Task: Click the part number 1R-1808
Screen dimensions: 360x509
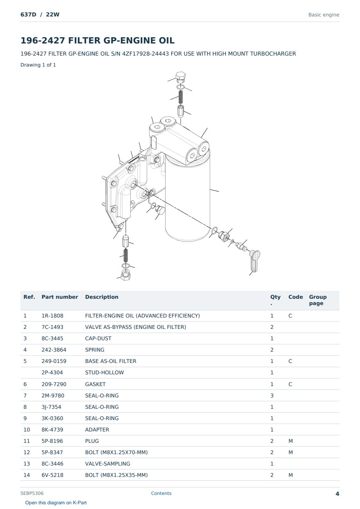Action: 52,316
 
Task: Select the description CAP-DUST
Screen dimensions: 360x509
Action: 98,338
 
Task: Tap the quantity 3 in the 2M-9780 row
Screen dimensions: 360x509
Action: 272,395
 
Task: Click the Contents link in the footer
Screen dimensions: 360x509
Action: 161,493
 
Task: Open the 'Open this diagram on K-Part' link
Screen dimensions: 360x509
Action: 56,503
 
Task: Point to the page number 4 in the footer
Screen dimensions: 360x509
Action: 337,494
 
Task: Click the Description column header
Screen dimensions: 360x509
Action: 101,297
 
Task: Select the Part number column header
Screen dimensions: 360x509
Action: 60,297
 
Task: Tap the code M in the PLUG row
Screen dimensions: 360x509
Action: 290,441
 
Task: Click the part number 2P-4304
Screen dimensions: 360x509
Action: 52,372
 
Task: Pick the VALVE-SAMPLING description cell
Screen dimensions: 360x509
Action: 108,464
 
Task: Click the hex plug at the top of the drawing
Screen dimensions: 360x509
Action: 181,77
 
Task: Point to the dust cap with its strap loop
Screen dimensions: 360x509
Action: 255,261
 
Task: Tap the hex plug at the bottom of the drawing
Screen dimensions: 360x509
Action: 126,275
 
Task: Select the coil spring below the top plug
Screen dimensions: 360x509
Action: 180,97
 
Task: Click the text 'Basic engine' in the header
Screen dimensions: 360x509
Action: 324,15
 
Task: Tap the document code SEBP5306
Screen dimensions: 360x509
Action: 32,493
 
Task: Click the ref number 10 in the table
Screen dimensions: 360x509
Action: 27,430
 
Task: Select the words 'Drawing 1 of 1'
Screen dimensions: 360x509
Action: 38,65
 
